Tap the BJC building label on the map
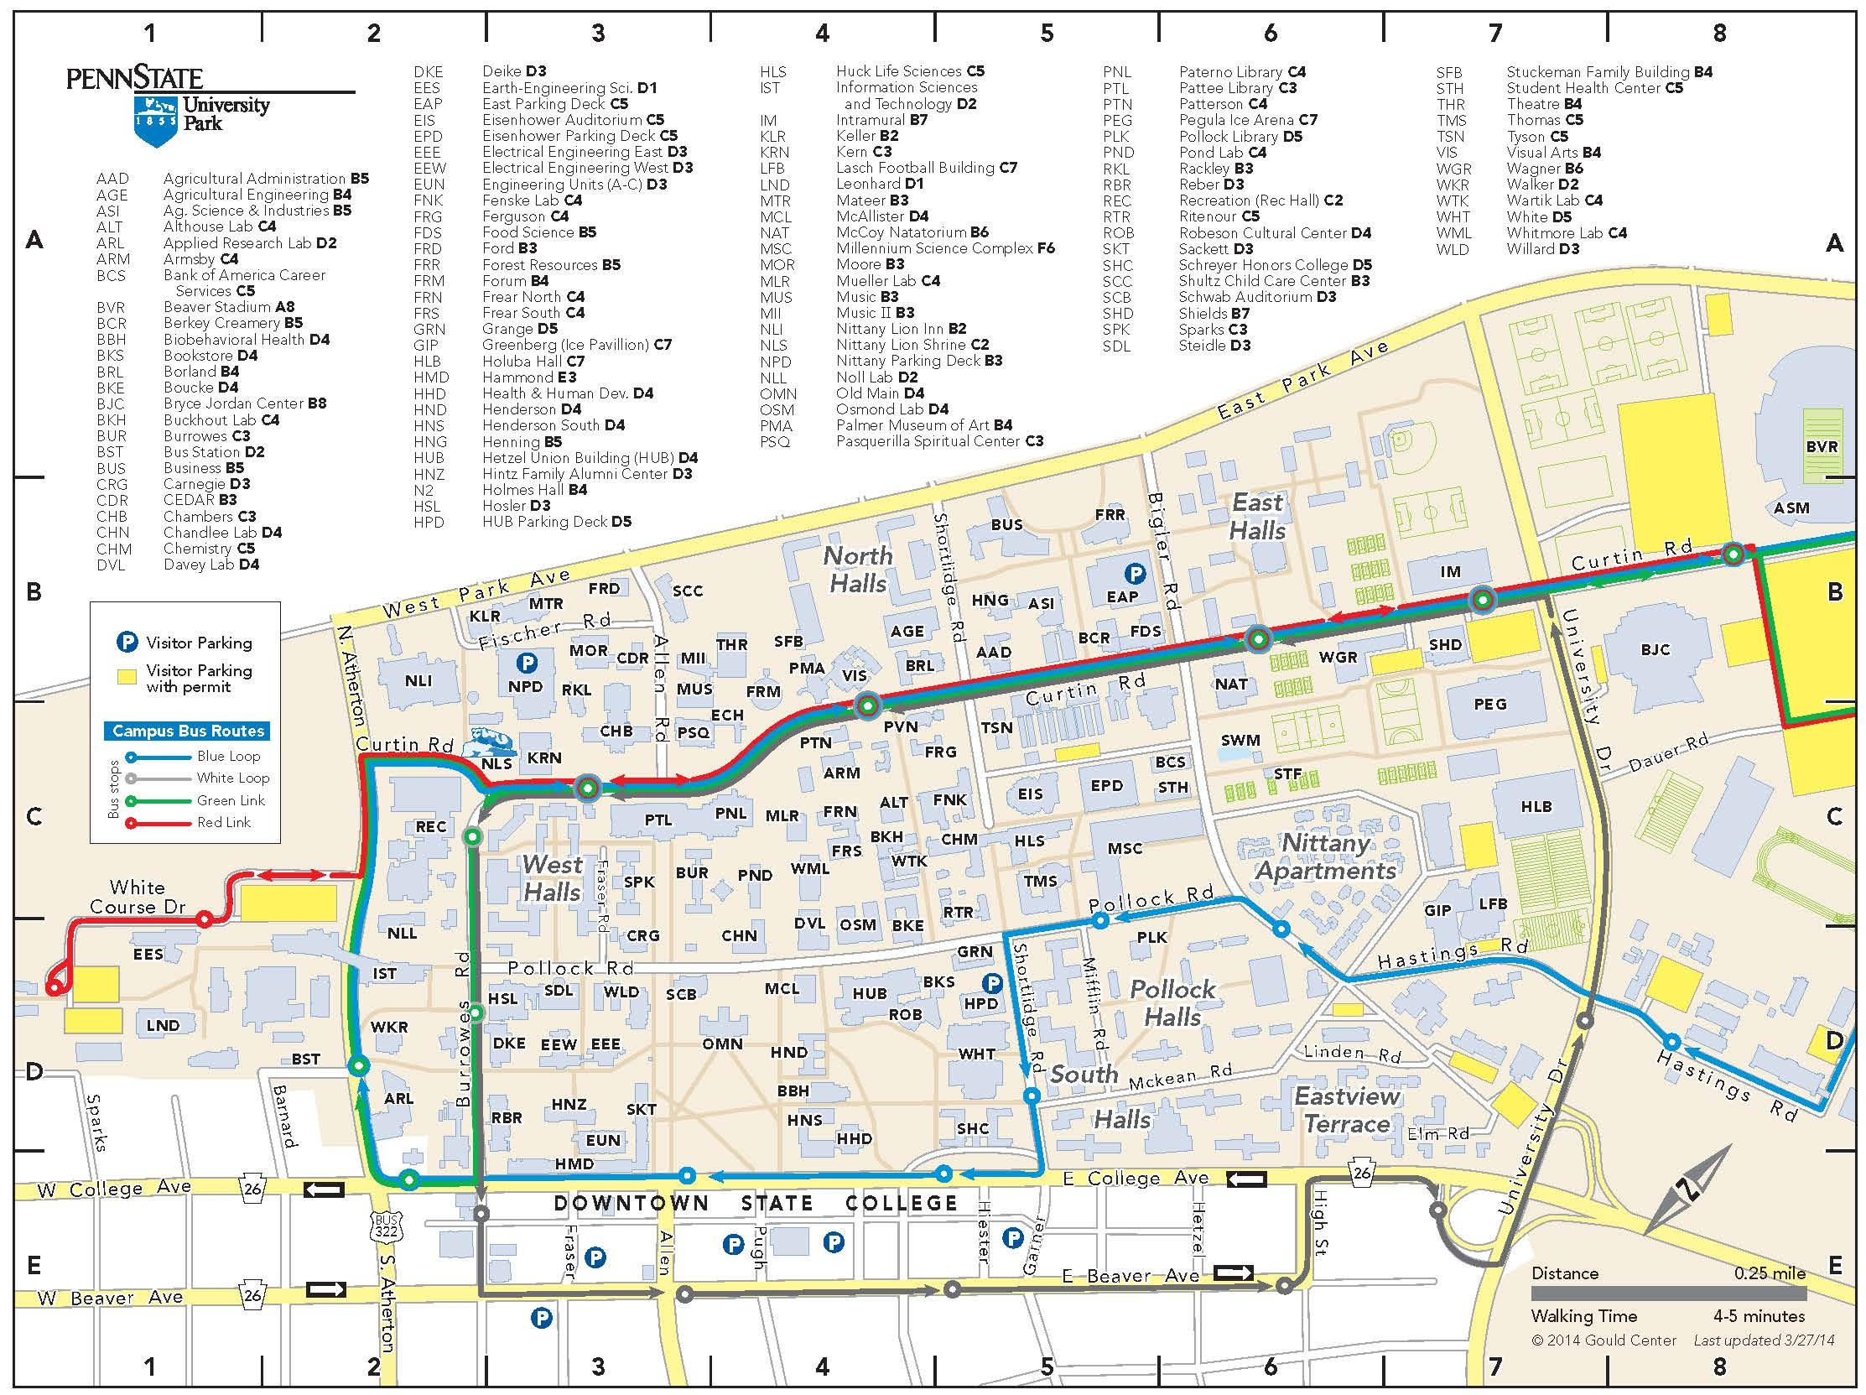coord(1655,649)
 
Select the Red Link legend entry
coord(223,822)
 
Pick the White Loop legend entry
coord(233,778)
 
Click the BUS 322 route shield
coord(387,1226)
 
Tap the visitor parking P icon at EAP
coord(1136,575)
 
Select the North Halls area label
coord(857,570)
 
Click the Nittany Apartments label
coord(1326,856)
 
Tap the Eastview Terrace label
coord(1347,1111)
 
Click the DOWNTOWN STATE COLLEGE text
coord(755,1203)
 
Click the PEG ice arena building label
coord(1489,704)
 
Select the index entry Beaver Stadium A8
coord(229,307)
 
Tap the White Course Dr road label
coord(138,897)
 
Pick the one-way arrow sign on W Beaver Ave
coord(325,1290)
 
